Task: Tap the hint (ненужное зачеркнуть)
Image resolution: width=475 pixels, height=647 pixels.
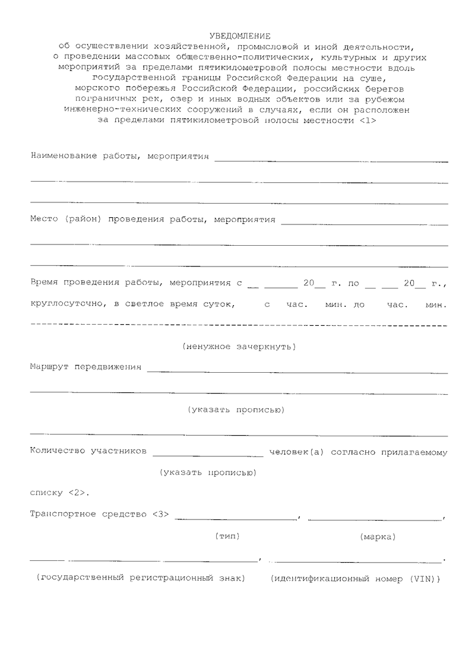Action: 239,346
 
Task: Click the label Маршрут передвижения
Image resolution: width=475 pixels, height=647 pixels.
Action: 85,367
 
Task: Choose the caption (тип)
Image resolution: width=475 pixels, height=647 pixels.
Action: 227,536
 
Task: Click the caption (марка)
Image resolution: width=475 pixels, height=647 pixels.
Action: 378,537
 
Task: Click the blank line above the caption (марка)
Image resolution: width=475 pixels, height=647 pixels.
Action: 375,519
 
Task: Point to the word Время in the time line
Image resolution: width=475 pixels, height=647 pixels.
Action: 45,283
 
